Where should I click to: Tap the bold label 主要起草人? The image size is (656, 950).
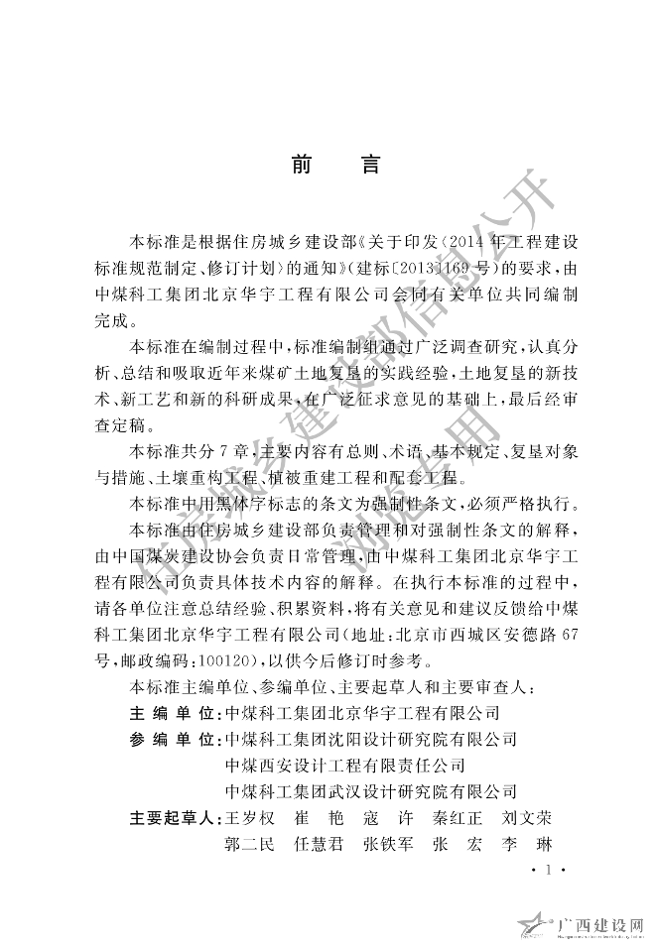tap(174, 818)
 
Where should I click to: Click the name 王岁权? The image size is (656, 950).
tap(251, 818)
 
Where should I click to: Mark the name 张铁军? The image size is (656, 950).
tap(388, 845)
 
